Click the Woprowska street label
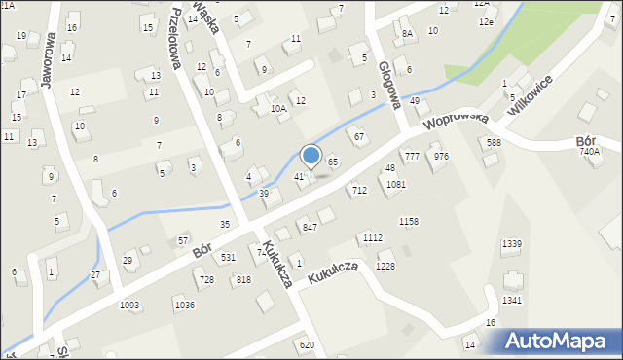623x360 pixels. pos(456,121)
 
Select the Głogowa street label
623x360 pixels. pos(389,85)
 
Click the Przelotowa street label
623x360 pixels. pos(175,39)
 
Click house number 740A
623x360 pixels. pos(590,152)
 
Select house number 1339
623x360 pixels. pos(511,243)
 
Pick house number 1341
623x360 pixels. pos(512,300)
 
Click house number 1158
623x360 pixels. pos(408,222)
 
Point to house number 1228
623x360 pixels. pos(385,267)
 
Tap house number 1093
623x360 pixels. pos(129,306)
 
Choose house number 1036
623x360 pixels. pos(184,306)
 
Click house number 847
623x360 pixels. pos(310,227)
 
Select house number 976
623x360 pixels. pos(441,156)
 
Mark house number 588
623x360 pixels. pos(495,143)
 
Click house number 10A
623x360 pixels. pos(278,109)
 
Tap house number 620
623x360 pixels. pos(307,344)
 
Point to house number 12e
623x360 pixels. pos(486,21)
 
